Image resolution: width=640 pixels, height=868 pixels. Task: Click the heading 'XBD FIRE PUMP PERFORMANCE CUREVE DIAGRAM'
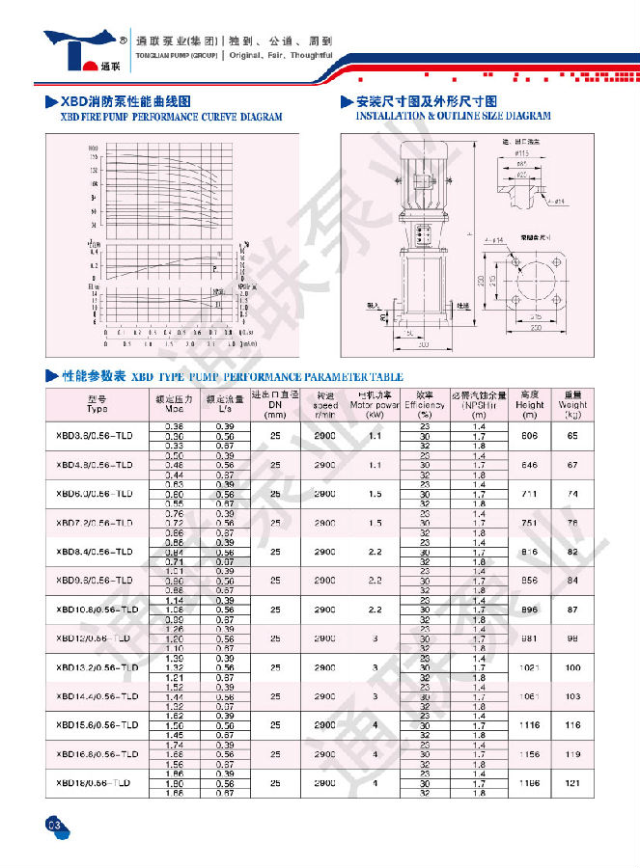coord(172,117)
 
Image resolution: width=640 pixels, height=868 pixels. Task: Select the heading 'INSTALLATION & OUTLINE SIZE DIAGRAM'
coord(454,116)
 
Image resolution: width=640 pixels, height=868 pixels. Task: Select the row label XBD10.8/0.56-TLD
coord(97,610)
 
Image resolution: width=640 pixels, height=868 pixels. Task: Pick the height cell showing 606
coord(529,436)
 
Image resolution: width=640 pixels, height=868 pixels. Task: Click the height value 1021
coord(529,667)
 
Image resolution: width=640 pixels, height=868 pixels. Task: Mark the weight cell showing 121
coord(573,783)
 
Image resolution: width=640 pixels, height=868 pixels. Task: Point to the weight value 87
coord(573,610)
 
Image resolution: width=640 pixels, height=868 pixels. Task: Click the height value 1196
coord(529,783)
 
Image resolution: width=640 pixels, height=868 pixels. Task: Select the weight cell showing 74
coord(573,494)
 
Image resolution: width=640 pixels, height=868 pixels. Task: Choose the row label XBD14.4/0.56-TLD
coord(97,695)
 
